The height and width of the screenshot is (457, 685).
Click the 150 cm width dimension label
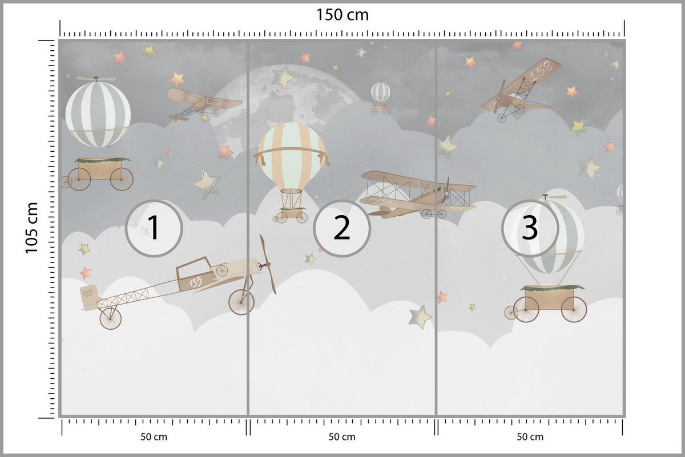pyautogui.click(x=342, y=15)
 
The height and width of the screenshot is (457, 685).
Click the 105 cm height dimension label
pyautogui.click(x=31, y=228)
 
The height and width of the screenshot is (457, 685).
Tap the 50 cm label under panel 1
pyautogui.click(x=154, y=437)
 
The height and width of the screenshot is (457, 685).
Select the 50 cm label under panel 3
pyautogui.click(x=530, y=437)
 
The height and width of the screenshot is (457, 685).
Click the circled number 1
pyautogui.click(x=154, y=228)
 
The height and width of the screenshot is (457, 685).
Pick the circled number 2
pyautogui.click(x=342, y=228)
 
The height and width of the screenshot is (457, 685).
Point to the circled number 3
pyautogui.click(x=530, y=228)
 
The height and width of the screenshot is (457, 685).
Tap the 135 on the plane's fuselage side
pyautogui.click(x=195, y=282)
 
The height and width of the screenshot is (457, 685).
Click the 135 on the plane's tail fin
pyautogui.click(x=88, y=293)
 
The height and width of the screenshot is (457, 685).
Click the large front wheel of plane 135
pyautogui.click(x=241, y=302)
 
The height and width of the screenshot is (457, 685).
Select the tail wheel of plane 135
pyautogui.click(x=110, y=318)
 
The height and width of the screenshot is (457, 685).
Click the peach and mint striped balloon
pyautogui.click(x=292, y=156)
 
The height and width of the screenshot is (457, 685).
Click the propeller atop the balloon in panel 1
pyautogui.click(x=96, y=79)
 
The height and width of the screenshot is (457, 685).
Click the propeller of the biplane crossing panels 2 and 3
pyautogui.click(x=445, y=191)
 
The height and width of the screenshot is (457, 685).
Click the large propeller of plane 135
pyautogui.click(x=268, y=264)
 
